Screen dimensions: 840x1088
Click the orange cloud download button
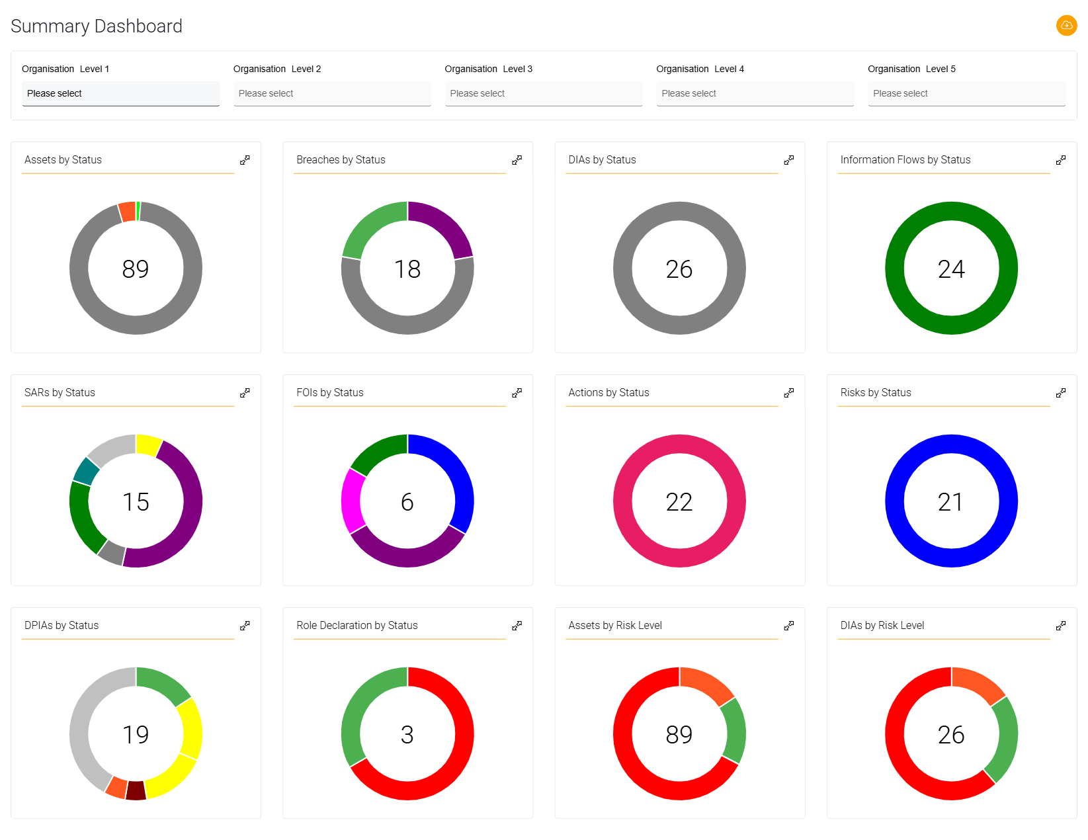point(1066,25)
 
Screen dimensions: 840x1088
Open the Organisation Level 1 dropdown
point(120,93)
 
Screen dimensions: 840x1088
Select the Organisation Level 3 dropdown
point(543,93)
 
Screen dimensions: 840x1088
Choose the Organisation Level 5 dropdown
point(966,93)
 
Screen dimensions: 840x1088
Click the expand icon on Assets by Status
point(245,160)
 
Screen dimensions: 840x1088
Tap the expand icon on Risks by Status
point(1061,393)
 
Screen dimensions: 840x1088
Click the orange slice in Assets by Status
point(127,212)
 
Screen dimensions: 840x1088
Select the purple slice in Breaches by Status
point(445,225)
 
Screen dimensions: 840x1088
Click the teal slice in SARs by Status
point(86,471)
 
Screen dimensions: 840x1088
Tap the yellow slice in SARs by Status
point(148,445)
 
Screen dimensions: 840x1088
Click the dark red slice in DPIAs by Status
point(136,790)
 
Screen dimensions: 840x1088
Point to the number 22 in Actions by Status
point(679,502)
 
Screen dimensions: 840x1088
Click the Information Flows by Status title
point(905,160)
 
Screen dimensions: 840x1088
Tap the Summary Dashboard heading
point(97,26)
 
